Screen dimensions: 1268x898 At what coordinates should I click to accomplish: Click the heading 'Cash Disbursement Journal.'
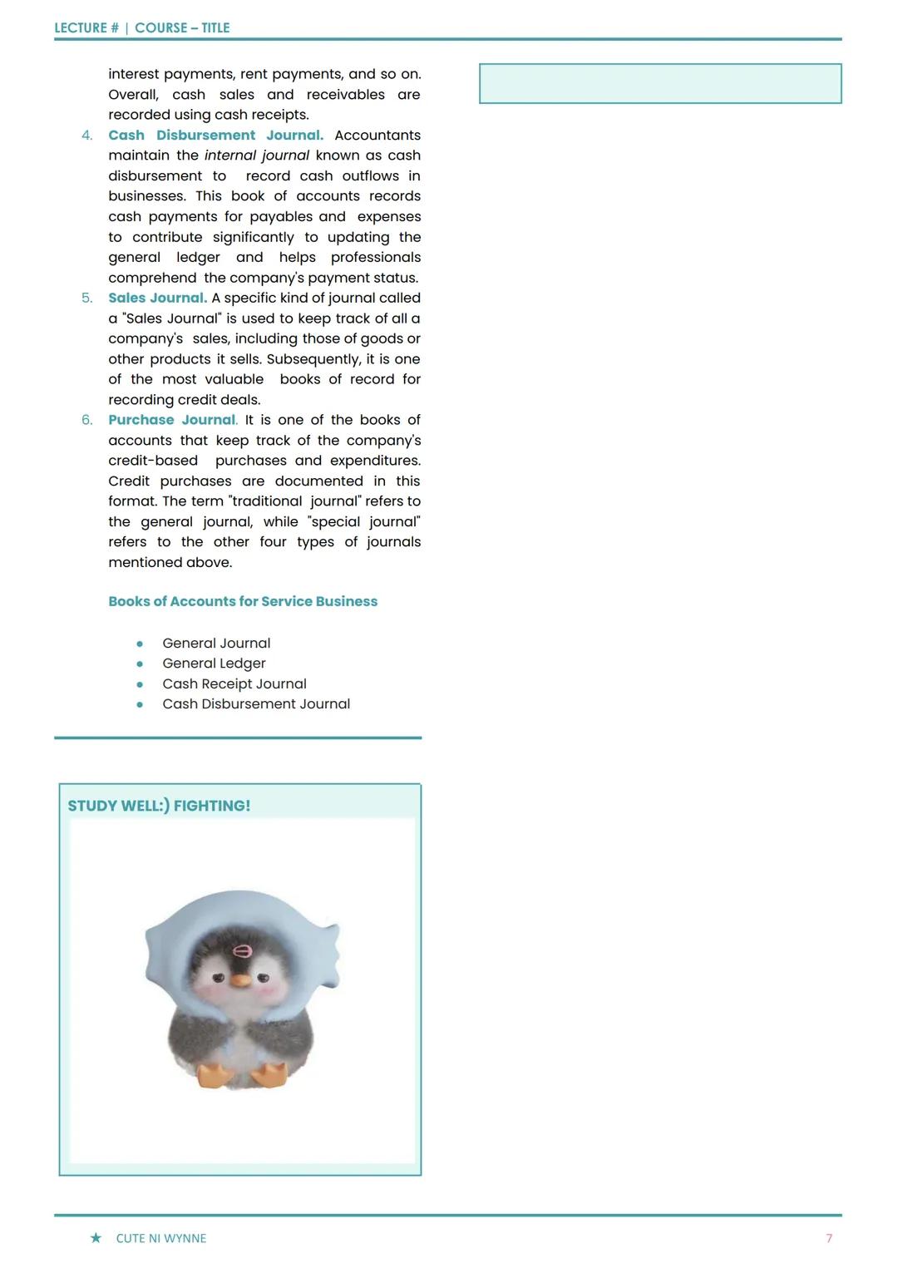[x=215, y=135]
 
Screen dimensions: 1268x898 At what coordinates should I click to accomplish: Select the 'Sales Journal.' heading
[x=157, y=298]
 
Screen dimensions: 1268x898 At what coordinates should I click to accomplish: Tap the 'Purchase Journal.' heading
[x=172, y=420]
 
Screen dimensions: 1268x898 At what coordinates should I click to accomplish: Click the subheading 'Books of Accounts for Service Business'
[x=243, y=601]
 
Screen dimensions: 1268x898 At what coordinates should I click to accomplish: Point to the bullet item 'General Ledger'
[x=214, y=664]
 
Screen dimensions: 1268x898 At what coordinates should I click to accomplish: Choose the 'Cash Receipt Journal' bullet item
[x=234, y=683]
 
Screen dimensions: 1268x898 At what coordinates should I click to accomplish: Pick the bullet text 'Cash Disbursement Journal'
[x=256, y=704]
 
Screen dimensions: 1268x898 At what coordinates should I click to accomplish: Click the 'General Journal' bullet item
[x=216, y=643]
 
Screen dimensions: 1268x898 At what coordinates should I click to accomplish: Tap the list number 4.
[x=86, y=136]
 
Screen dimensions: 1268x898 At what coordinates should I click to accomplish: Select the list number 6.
[x=86, y=420]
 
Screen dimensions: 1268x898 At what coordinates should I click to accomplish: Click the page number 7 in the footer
[x=829, y=1238]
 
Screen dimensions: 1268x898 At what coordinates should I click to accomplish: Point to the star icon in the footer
[x=96, y=1238]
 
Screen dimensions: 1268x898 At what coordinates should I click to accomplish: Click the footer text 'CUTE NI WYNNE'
[x=161, y=1238]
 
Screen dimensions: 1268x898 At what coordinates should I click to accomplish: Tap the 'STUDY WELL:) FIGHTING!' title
[x=159, y=806]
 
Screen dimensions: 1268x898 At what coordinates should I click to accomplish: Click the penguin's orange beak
[x=240, y=980]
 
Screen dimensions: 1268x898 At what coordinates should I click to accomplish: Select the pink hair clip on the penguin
[x=243, y=951]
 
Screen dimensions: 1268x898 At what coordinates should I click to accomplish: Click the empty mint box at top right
[x=660, y=84]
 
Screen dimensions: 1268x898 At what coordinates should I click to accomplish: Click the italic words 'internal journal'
[x=257, y=155]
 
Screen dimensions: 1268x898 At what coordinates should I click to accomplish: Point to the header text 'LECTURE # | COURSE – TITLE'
[x=142, y=27]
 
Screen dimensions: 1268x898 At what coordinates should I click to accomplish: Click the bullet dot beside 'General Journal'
[x=140, y=644]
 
